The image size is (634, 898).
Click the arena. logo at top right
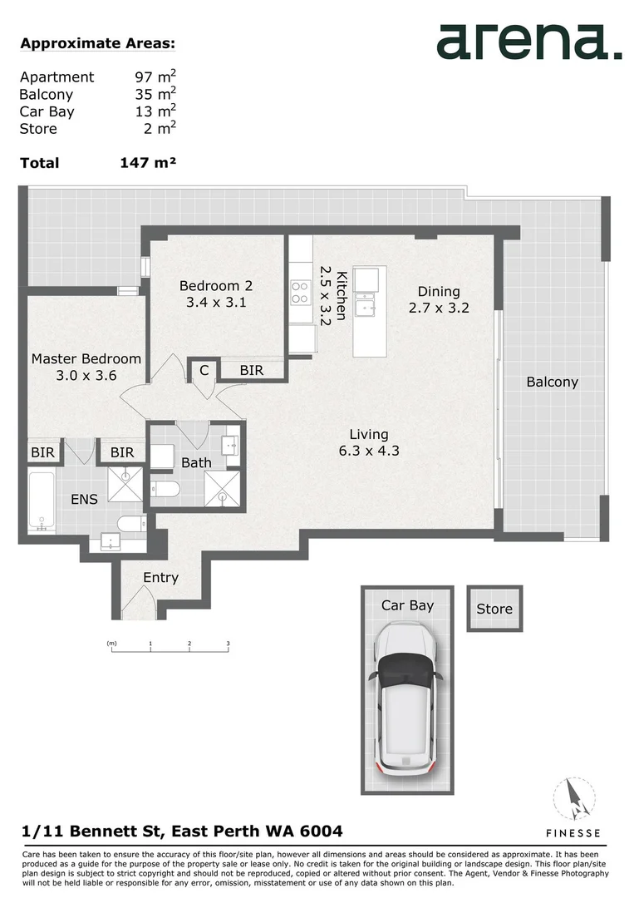pyautogui.click(x=528, y=42)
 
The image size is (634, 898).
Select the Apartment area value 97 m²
pyautogui.click(x=155, y=77)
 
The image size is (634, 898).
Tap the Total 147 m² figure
pyautogui.click(x=148, y=163)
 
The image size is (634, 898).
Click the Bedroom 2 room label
pyautogui.click(x=216, y=286)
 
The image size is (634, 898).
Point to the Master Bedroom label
pyautogui.click(x=86, y=359)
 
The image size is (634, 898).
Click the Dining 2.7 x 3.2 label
pyautogui.click(x=439, y=292)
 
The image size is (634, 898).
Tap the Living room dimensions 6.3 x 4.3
pyautogui.click(x=368, y=451)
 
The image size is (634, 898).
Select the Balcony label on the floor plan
pyautogui.click(x=552, y=382)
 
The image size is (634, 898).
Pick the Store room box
pyautogui.click(x=494, y=609)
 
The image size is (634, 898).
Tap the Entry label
pyautogui.click(x=160, y=578)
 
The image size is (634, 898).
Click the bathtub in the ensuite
pyautogui.click(x=42, y=501)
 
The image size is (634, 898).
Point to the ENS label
pyautogui.click(x=84, y=500)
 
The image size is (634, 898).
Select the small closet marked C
pyautogui.click(x=204, y=371)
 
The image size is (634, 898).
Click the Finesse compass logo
pyautogui.click(x=573, y=800)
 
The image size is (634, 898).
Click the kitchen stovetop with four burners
pyautogui.click(x=299, y=292)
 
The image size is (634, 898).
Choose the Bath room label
pyautogui.click(x=196, y=462)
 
